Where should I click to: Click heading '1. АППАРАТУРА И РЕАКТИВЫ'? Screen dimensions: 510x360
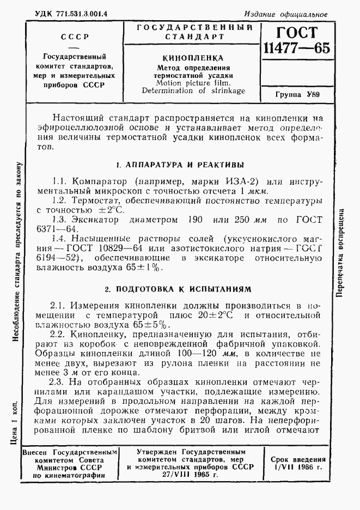coord(180,165)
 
